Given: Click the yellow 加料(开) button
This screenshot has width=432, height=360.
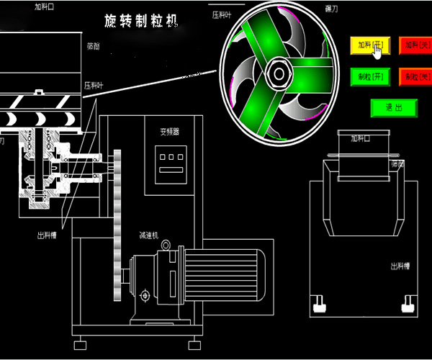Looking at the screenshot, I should point(369,45).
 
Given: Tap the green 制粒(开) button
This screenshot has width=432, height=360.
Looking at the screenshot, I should point(369,76).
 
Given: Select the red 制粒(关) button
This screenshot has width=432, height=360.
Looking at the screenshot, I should point(415,76).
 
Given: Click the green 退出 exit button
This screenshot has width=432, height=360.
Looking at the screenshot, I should point(393,107).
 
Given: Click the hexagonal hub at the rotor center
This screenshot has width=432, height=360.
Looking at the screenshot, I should point(278,71).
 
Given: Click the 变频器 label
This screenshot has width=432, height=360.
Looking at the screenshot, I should point(169,132).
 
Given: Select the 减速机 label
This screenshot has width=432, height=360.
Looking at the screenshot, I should point(149,235).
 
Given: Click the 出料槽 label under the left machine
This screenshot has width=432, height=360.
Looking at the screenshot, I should point(48,235).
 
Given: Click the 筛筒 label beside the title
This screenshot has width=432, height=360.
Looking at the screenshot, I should point(94,45).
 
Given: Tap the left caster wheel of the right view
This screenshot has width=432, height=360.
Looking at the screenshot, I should point(318,309).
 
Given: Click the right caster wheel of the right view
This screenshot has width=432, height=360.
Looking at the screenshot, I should point(409,309).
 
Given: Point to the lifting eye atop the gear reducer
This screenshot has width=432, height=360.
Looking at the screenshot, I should point(166,245).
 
